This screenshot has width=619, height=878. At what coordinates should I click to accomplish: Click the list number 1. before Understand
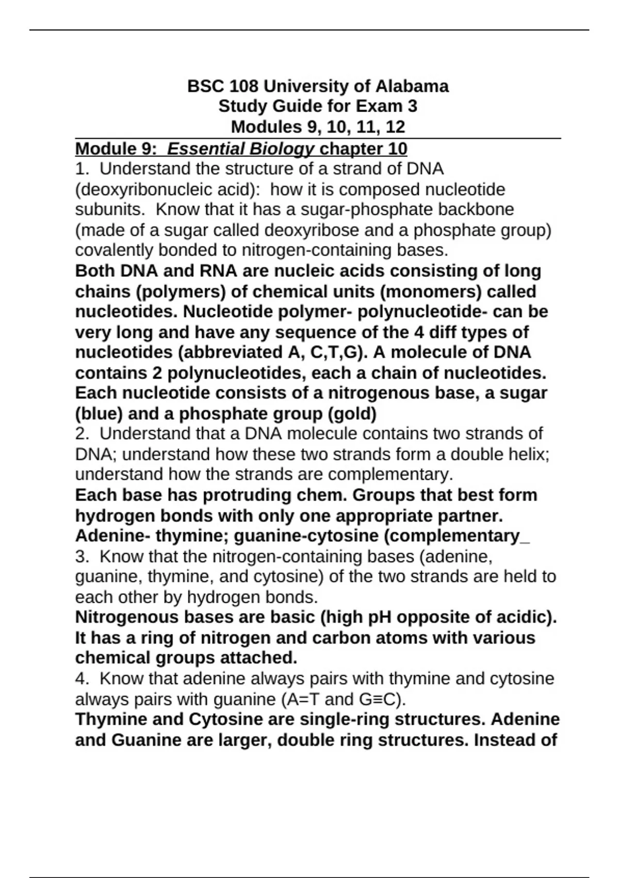point(82,169)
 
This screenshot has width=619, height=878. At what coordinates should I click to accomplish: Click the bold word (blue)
point(99,414)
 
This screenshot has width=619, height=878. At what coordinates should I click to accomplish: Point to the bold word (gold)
point(351,414)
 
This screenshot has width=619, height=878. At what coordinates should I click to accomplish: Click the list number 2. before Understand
point(82,433)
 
